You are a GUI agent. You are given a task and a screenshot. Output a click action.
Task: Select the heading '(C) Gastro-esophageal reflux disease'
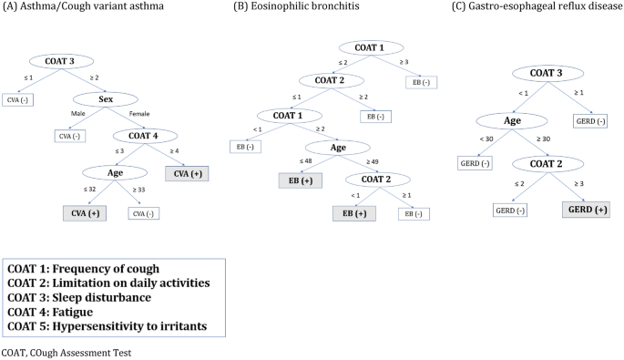point(528,7)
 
